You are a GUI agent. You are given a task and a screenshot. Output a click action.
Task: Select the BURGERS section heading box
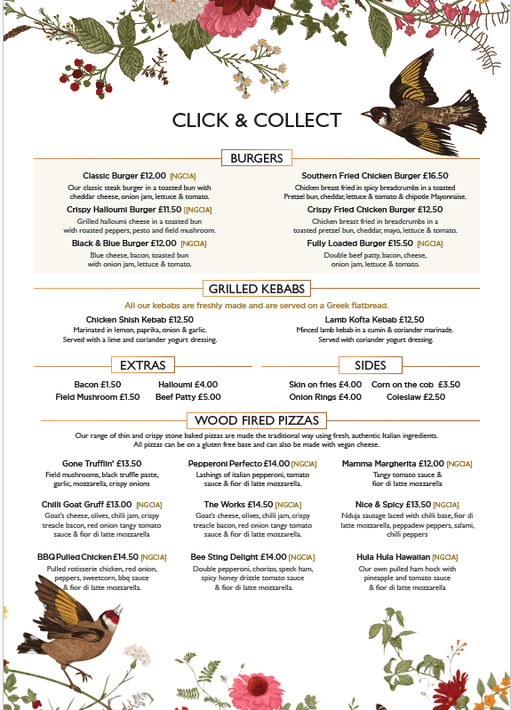(x=256, y=158)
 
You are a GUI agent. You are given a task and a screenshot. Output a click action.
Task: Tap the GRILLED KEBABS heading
(x=256, y=289)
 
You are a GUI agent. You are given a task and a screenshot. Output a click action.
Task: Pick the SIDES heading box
(x=370, y=365)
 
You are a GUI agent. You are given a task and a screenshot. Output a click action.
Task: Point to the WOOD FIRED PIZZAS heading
(x=256, y=420)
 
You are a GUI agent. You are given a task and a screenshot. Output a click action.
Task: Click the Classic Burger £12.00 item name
(x=124, y=176)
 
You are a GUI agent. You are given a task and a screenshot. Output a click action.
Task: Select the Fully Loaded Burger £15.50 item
(x=360, y=243)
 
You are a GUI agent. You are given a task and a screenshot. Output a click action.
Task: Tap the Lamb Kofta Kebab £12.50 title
(x=374, y=319)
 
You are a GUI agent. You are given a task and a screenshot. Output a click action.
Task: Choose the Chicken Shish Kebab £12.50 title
(x=140, y=319)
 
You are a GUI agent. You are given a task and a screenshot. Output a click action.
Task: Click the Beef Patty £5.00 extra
(x=188, y=397)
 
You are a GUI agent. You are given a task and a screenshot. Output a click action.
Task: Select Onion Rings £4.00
(x=325, y=397)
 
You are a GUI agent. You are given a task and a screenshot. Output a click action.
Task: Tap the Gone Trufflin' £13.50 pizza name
(x=102, y=463)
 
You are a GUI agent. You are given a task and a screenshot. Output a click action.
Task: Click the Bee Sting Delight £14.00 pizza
(x=237, y=557)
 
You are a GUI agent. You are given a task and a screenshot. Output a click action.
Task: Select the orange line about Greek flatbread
(x=255, y=305)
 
